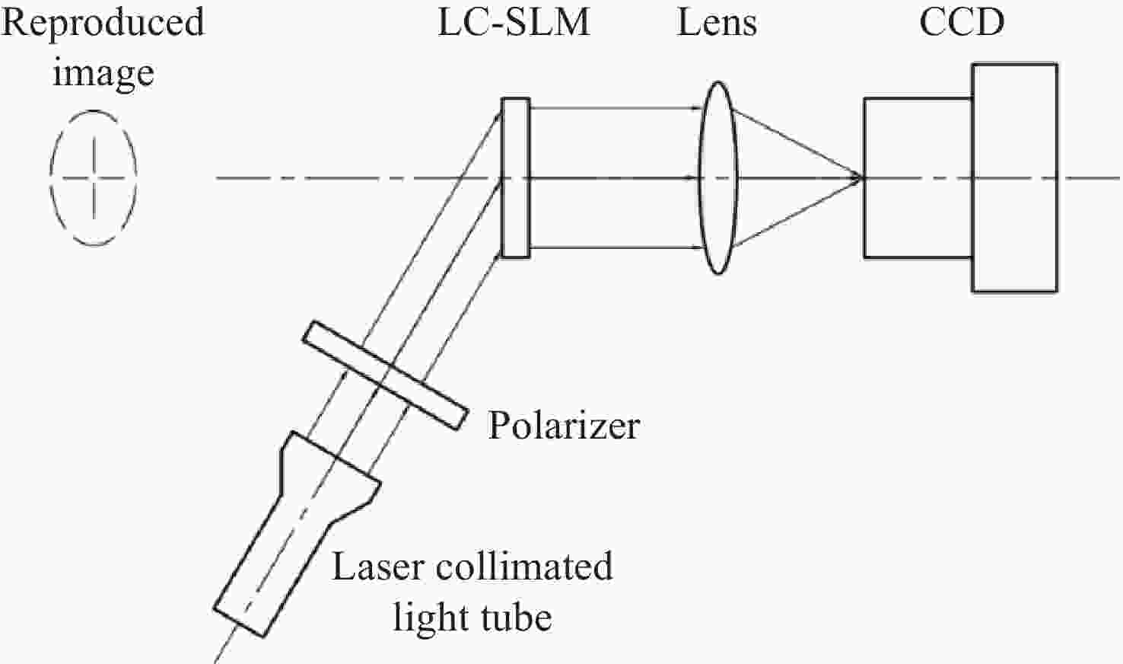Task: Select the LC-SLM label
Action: (514, 23)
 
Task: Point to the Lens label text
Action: (717, 23)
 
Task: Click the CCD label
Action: (962, 23)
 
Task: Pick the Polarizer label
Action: (564, 426)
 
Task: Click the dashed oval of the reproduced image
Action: (50, 178)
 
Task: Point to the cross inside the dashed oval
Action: (94, 178)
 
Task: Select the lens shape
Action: (700, 178)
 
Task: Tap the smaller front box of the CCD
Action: (918, 99)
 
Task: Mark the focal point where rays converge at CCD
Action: (862, 177)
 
